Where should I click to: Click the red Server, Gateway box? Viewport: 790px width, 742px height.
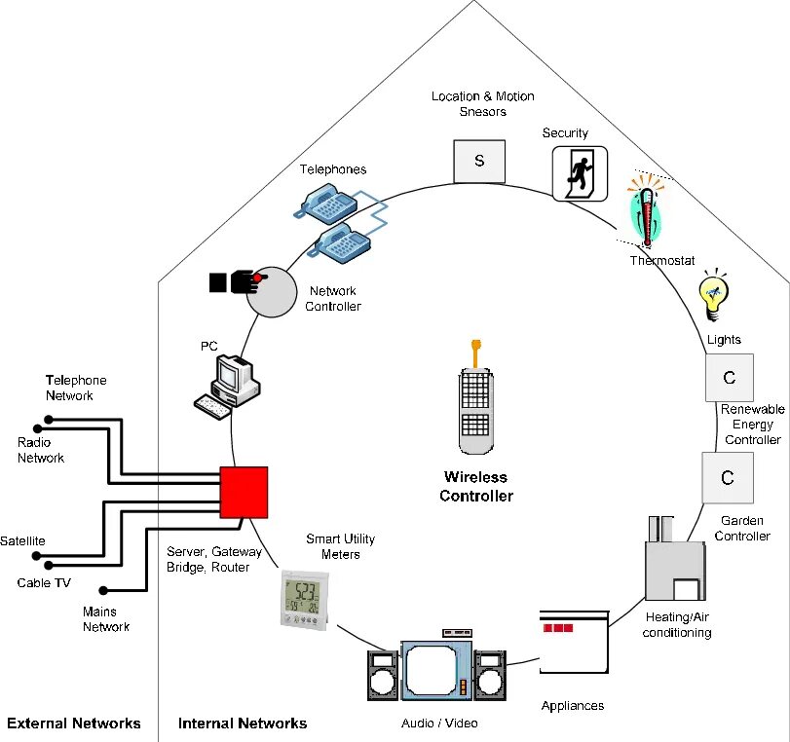tap(244, 492)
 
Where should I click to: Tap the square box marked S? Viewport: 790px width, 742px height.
tap(479, 162)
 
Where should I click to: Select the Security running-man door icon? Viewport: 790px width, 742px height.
tap(580, 173)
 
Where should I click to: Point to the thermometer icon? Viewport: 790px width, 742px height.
tap(647, 211)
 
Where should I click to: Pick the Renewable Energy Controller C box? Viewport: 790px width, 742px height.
tap(730, 377)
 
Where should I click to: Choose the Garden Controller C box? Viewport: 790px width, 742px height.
tap(728, 477)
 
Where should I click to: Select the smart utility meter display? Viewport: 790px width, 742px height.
tap(305, 600)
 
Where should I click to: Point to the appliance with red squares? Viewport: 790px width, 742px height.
tap(574, 642)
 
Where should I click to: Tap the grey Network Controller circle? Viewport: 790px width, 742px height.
tap(272, 293)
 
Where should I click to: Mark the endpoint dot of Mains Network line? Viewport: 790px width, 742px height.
tap(103, 590)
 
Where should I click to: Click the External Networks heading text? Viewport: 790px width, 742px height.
tap(74, 723)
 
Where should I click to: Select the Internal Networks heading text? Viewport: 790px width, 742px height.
tap(243, 723)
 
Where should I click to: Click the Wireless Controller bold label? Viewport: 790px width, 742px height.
tap(476, 487)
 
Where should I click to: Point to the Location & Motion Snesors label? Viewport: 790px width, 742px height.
tap(482, 104)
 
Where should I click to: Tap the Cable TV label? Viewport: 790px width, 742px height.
tap(44, 583)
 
